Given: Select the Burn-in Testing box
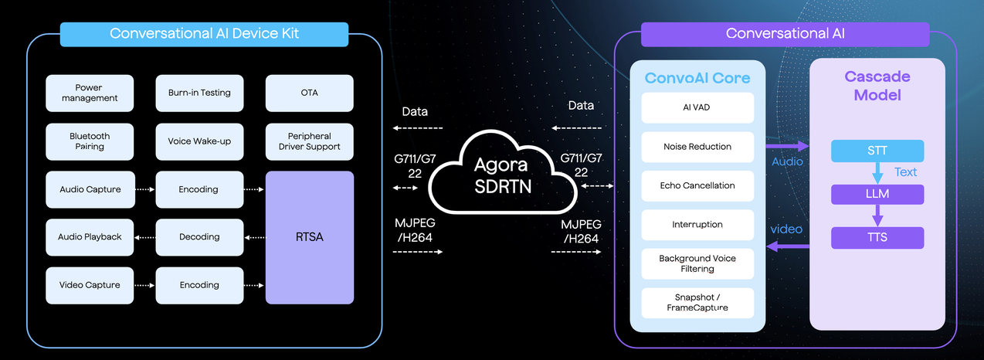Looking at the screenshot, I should (199, 93).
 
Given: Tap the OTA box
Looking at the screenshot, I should (309, 93).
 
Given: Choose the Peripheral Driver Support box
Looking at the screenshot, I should (309, 141).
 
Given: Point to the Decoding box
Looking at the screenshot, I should (199, 237).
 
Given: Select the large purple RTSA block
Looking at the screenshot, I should (309, 237).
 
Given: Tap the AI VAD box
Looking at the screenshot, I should (697, 107).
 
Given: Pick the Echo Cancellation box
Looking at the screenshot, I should (697, 185).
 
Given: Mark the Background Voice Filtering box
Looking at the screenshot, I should (697, 263).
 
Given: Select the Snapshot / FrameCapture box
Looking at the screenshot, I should (697, 302).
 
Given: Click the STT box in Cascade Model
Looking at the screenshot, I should (877, 151).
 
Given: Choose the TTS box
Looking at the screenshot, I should (877, 238).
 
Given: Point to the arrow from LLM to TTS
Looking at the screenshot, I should (877, 216).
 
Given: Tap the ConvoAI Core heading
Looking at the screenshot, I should (697, 78).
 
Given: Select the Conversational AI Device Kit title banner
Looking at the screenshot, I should (204, 34).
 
